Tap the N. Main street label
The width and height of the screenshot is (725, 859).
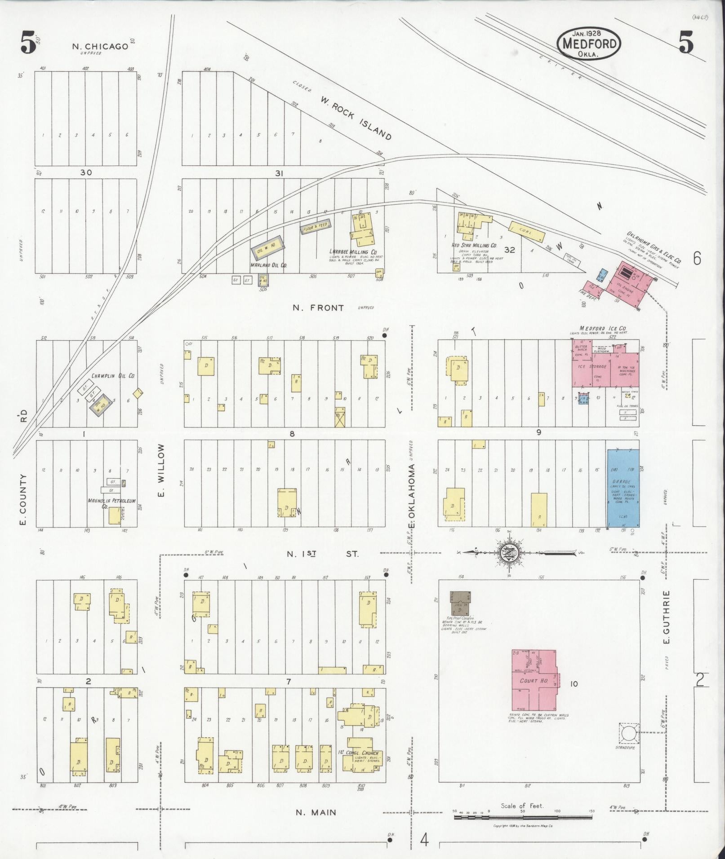point(316,812)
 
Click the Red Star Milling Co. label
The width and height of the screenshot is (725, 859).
point(474,246)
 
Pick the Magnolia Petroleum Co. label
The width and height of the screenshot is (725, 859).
point(111,503)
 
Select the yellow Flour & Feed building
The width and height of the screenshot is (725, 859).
point(316,226)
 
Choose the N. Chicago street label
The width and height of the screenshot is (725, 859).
point(100,46)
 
